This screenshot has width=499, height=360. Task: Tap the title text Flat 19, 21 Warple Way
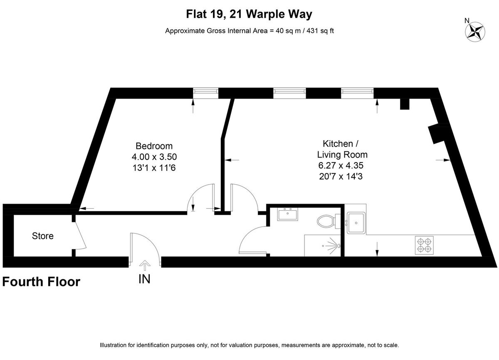click(249, 15)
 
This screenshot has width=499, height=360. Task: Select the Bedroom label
click(154, 146)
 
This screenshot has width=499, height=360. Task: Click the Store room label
click(43, 236)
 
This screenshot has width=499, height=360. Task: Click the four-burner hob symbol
click(424, 245)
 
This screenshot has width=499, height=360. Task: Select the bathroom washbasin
click(287, 215)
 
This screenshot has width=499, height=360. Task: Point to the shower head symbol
click(331, 245)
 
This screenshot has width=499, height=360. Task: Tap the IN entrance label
click(144, 279)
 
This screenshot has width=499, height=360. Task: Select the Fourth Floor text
click(41, 282)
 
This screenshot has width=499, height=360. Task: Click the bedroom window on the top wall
click(206, 93)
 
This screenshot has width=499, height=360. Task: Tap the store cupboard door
click(80, 236)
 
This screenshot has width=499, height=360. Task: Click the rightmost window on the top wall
click(357, 93)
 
